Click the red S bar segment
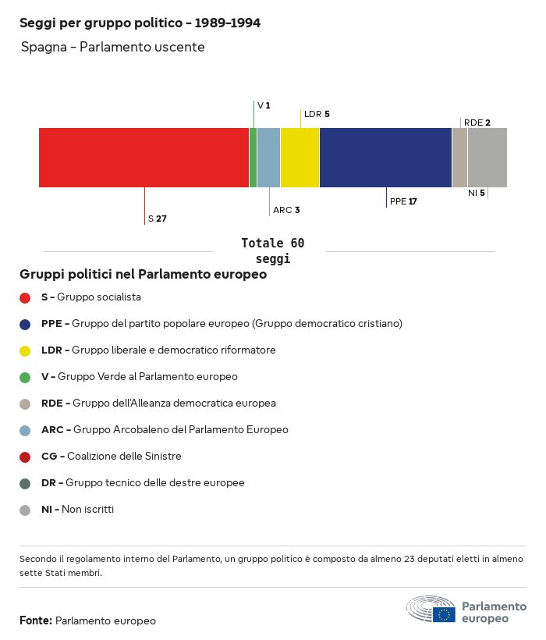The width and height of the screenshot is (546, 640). pos(144,158)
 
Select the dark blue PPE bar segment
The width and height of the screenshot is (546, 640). pos(385,158)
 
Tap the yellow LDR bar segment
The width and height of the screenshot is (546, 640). pos(300,158)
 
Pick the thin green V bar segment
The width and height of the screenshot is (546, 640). pos(253,158)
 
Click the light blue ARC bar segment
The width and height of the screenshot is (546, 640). pos(268,158)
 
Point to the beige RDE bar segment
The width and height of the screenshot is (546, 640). pos(459,158)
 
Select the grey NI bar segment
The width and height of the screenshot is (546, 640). pos(487,158)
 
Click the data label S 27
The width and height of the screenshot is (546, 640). pos(158,219)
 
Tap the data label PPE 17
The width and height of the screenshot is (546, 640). pos(403,201)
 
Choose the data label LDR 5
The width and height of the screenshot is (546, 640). pos(317,114)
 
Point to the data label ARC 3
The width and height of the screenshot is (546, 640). pos(286,210)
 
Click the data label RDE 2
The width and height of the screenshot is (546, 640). pos(477,123)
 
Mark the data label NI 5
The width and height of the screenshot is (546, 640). pos(476,193)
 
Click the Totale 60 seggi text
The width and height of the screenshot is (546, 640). pos(272,251)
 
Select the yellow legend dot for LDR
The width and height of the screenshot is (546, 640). pos(25,350)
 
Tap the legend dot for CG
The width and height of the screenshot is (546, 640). pos(25,457)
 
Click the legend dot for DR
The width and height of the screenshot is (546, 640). pos(25,483)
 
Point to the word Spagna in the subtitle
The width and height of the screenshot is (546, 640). pos(44,48)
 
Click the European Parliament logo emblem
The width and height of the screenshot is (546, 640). pos(431,609)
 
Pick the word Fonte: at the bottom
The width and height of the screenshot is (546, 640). pos(36,620)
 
